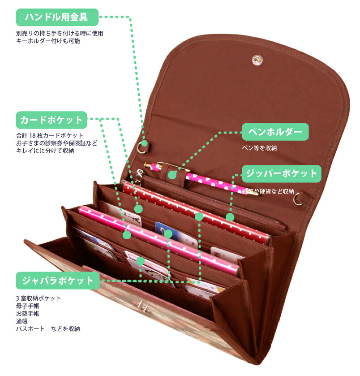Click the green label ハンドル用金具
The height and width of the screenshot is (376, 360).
[x=57, y=17]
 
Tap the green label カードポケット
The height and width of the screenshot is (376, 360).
[x=51, y=120]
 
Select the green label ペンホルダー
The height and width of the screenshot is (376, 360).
[x=275, y=132]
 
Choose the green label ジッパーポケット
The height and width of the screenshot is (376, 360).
[x=282, y=173]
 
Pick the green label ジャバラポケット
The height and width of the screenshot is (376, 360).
[x=57, y=281]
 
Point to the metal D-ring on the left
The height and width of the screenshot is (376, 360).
[x=141, y=148]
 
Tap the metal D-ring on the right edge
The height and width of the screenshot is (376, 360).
[x=298, y=200]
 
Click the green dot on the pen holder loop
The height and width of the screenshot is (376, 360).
[x=172, y=175]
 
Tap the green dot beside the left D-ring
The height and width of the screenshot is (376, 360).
[x=145, y=143]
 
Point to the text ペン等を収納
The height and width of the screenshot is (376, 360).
[x=259, y=148]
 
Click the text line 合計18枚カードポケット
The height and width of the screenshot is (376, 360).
[x=50, y=135]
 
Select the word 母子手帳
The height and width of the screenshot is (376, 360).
[x=28, y=306]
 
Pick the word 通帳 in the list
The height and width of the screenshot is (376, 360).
[x=22, y=321]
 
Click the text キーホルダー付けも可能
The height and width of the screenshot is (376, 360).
[x=48, y=41]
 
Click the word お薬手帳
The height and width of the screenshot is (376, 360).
[x=28, y=313]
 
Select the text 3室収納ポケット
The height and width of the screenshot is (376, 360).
[x=39, y=298]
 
